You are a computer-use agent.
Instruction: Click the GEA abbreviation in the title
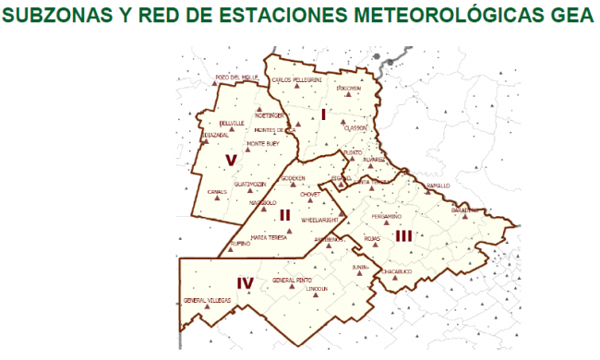pyautogui.click(x=563, y=17)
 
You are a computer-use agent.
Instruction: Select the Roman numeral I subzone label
pyautogui.click(x=324, y=114)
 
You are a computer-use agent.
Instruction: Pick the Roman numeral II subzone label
pyautogui.click(x=285, y=215)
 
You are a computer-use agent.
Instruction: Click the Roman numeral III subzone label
pyautogui.click(x=403, y=235)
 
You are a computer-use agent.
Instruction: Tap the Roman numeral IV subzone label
pyautogui.click(x=245, y=283)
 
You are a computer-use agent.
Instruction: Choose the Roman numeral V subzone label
pyautogui.click(x=231, y=162)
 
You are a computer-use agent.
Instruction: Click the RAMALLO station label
pyautogui.click(x=438, y=186)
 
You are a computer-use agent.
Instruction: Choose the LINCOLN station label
pyautogui.click(x=318, y=289)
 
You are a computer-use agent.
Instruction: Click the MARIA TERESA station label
pyautogui.click(x=271, y=237)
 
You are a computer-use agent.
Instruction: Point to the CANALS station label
pyautogui.click(x=217, y=191)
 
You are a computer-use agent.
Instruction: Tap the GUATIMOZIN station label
pyautogui.click(x=250, y=184)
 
